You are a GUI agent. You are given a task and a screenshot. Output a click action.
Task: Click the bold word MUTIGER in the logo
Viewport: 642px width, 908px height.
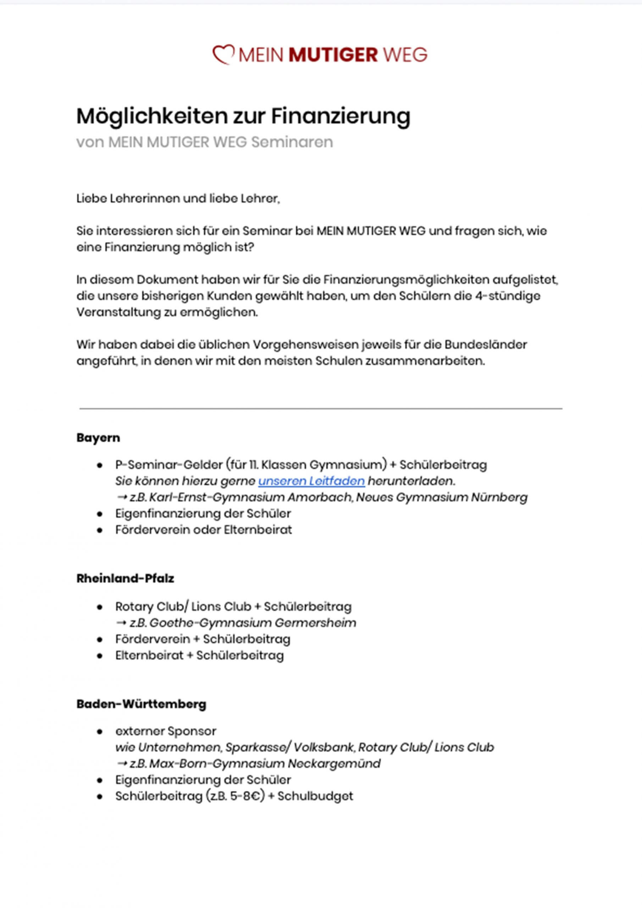click(x=333, y=55)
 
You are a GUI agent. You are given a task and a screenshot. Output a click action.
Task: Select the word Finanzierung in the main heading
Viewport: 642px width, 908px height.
click(x=341, y=116)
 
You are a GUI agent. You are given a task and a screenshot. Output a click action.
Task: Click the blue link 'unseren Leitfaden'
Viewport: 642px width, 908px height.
click(x=311, y=481)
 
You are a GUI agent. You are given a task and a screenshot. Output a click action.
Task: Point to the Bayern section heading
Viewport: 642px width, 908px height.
click(x=98, y=438)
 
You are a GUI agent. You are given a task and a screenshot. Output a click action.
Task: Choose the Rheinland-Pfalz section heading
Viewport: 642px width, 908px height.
click(x=125, y=578)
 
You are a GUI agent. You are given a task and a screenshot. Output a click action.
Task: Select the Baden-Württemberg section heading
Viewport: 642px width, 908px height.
click(x=141, y=704)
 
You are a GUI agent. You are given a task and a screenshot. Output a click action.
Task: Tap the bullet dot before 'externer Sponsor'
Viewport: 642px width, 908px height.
click(x=100, y=732)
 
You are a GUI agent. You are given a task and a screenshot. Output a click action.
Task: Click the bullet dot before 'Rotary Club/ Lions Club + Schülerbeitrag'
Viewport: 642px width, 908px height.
click(x=100, y=607)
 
